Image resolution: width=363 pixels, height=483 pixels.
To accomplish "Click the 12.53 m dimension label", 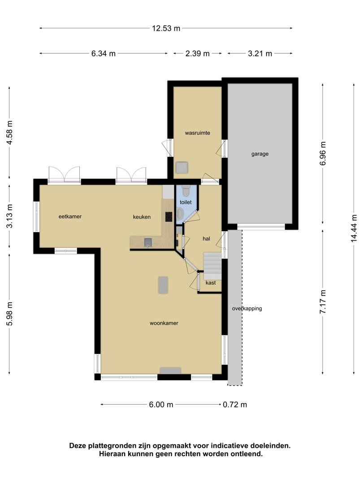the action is [x=166, y=28].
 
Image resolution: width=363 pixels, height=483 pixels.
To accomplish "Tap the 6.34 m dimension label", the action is [x=104, y=54].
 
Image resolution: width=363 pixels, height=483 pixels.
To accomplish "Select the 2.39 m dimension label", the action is [x=198, y=54].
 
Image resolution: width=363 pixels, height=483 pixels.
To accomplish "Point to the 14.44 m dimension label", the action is [x=354, y=228].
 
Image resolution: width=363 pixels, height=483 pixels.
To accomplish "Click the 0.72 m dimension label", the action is [x=235, y=404].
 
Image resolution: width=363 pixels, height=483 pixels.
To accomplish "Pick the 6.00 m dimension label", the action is [x=161, y=404].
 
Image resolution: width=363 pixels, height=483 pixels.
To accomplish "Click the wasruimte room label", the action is [x=198, y=133].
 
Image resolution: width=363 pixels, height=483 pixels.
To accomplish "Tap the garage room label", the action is [x=260, y=154].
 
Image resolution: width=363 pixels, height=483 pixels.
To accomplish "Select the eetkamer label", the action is [x=70, y=216].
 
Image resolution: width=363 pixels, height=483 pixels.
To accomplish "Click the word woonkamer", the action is [x=164, y=323].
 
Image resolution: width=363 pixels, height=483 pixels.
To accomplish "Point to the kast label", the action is [x=211, y=283].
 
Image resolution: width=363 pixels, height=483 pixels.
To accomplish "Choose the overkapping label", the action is [x=247, y=308].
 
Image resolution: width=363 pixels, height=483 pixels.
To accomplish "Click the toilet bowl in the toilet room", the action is [x=186, y=191].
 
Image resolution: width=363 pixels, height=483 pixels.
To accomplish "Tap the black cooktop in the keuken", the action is [x=169, y=217].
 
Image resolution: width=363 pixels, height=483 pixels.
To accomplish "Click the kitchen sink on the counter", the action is [x=148, y=243].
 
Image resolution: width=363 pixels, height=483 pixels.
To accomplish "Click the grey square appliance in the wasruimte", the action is [x=181, y=168].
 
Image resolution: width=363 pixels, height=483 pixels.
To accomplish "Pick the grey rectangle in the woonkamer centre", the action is [x=163, y=285].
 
